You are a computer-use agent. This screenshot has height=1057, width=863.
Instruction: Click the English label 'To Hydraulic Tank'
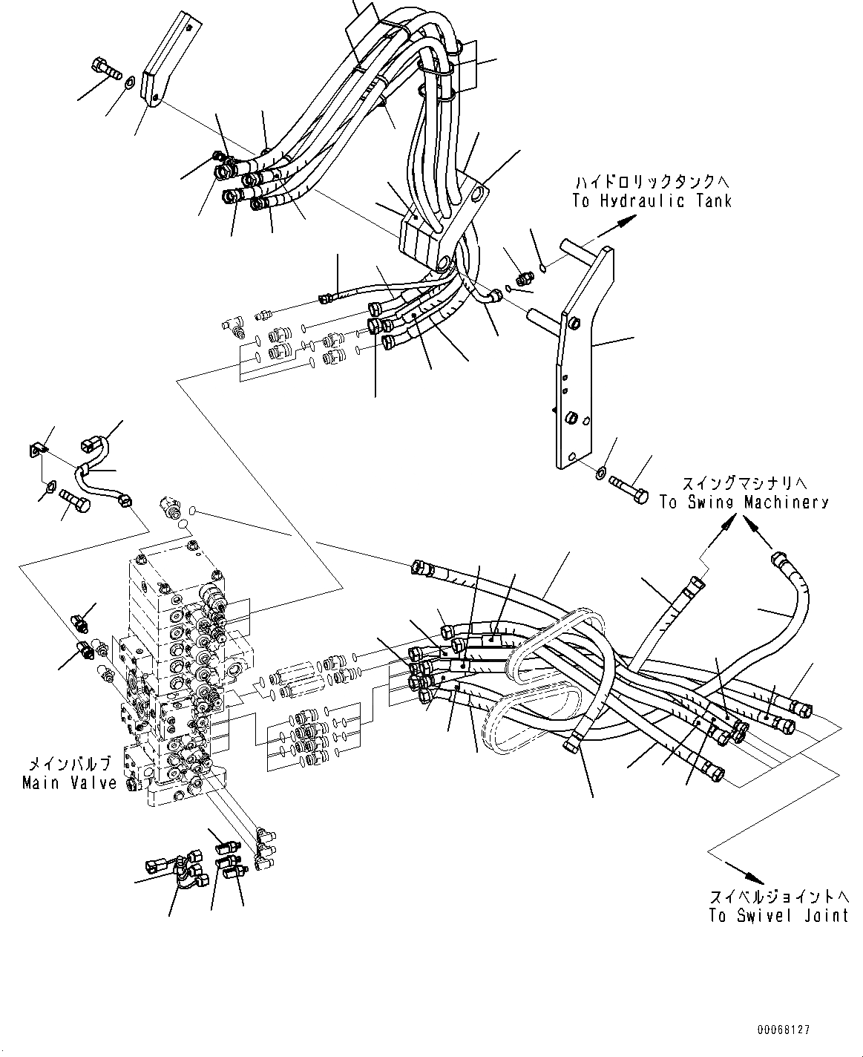click(x=652, y=200)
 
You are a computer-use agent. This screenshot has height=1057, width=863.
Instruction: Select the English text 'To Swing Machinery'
click(x=744, y=502)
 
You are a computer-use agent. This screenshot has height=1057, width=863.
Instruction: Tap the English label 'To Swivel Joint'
click(x=778, y=915)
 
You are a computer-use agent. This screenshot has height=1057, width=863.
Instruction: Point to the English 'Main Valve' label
click(x=70, y=782)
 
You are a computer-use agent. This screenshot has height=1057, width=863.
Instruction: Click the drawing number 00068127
click(x=783, y=1030)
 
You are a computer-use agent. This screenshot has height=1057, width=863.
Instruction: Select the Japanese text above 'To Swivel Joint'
click(x=778, y=896)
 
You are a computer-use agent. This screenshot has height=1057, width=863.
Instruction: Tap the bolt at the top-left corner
click(x=107, y=69)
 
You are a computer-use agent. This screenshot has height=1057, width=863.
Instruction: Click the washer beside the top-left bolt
click(x=130, y=82)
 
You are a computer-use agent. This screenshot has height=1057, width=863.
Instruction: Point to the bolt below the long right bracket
click(x=628, y=489)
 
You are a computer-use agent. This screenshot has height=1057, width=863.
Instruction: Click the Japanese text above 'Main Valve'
click(x=70, y=763)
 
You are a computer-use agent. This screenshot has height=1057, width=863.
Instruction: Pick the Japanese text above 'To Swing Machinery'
click(x=744, y=483)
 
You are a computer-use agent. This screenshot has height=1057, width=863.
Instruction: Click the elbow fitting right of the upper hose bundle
click(x=492, y=295)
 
